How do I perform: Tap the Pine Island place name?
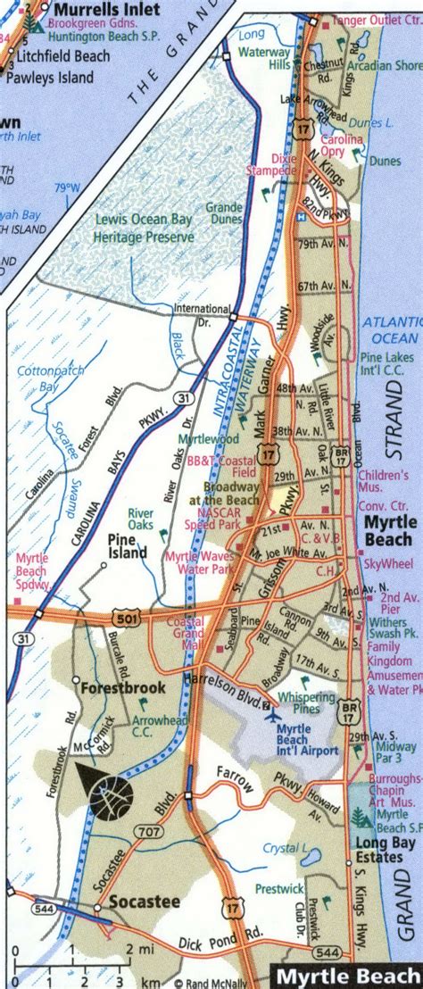tap(127, 546)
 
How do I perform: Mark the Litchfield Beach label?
tap(64, 55)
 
